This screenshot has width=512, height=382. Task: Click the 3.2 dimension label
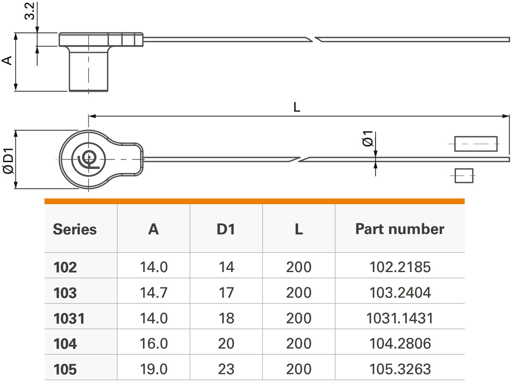coord(31,11)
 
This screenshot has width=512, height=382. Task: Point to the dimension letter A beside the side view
coord(8,60)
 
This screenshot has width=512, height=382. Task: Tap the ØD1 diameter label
coord(9,159)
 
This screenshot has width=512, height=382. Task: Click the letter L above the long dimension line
coord(297,107)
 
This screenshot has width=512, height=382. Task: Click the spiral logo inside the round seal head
coord(88,159)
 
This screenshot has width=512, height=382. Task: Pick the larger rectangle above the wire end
coord(475,144)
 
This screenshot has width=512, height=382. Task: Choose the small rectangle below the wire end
coord(464,176)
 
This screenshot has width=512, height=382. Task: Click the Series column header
coord(75,229)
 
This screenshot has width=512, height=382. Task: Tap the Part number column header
coord(399,229)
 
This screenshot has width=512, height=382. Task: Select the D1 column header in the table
coord(226,229)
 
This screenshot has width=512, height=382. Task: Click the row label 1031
coord(69,318)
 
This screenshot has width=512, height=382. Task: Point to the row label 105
coord(65,370)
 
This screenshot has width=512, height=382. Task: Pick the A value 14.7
coord(153,293)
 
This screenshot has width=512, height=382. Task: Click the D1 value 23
coord(226,369)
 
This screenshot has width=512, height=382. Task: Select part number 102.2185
coord(400,267)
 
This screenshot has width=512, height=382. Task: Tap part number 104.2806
coord(400,344)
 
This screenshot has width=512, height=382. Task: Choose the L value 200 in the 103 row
coord(299,293)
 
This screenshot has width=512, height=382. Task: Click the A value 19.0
coord(153,369)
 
